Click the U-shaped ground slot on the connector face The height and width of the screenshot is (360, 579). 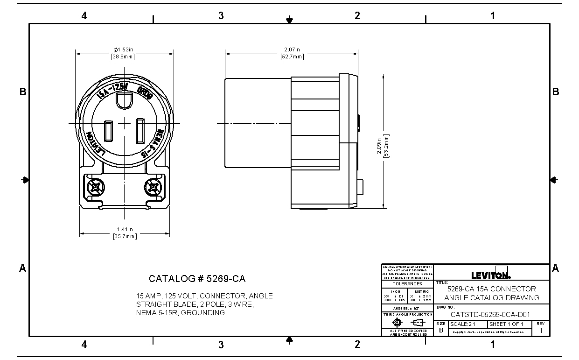[124, 100]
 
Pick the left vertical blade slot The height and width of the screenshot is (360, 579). [108, 131]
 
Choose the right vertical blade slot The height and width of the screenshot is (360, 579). [140, 131]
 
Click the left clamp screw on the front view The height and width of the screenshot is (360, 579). [95, 188]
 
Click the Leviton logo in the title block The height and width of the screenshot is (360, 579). [491, 274]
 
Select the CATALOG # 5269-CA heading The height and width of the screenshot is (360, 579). [197, 279]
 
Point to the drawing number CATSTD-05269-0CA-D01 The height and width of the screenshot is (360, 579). [490, 315]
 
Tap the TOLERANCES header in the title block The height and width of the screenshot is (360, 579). [407, 283]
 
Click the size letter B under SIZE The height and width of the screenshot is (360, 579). [441, 330]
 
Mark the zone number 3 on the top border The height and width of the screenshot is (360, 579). [221, 15]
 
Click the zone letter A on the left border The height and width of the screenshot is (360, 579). [22, 268]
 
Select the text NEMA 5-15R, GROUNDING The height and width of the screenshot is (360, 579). [180, 313]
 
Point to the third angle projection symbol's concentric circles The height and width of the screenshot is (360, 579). [398, 323]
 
